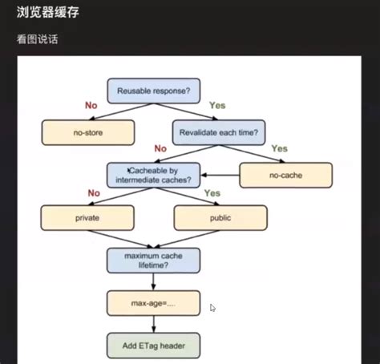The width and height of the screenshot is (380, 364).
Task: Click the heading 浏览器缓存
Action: click(47, 14)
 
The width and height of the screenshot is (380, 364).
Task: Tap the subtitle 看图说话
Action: click(37, 38)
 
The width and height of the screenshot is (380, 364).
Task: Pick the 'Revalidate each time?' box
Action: click(219, 132)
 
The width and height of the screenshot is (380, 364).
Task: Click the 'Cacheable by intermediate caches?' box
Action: click(153, 174)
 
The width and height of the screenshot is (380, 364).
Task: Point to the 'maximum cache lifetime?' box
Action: click(153, 259)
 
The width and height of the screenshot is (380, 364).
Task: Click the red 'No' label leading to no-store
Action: click(91, 106)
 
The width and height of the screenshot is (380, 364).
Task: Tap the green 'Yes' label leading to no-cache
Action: click(279, 148)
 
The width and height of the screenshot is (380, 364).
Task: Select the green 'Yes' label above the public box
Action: click(212, 193)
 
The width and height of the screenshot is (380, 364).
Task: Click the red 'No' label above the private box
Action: click(93, 193)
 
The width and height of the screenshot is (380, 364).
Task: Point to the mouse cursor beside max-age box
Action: click(212, 308)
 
